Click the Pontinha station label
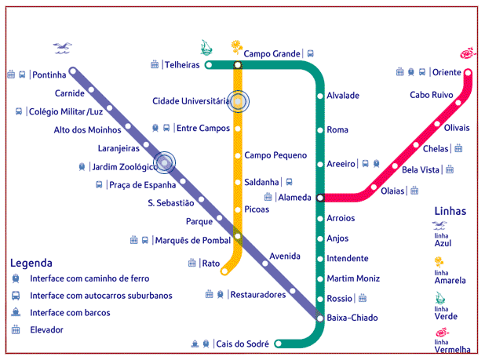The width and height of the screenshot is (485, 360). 49,75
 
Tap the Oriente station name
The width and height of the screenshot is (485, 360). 447,72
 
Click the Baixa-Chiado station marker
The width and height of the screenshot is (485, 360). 320,318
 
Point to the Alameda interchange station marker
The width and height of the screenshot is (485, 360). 320,198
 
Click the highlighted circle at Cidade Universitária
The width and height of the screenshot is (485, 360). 238,100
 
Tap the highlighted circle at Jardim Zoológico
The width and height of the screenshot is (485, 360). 164,163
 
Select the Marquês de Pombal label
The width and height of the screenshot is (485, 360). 191,240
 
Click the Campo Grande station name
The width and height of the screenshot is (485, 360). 272,54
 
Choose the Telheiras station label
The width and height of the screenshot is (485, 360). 181,65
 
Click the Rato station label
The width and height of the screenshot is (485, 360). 211,264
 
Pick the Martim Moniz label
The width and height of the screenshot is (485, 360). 353,278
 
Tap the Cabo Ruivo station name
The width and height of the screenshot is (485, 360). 432,95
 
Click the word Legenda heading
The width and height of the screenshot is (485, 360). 31,263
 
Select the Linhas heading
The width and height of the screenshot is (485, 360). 450,211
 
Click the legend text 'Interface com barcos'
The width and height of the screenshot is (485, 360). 70,313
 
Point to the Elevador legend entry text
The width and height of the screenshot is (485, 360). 46,330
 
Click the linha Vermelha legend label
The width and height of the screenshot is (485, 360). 452,346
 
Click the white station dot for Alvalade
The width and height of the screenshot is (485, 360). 320,96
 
